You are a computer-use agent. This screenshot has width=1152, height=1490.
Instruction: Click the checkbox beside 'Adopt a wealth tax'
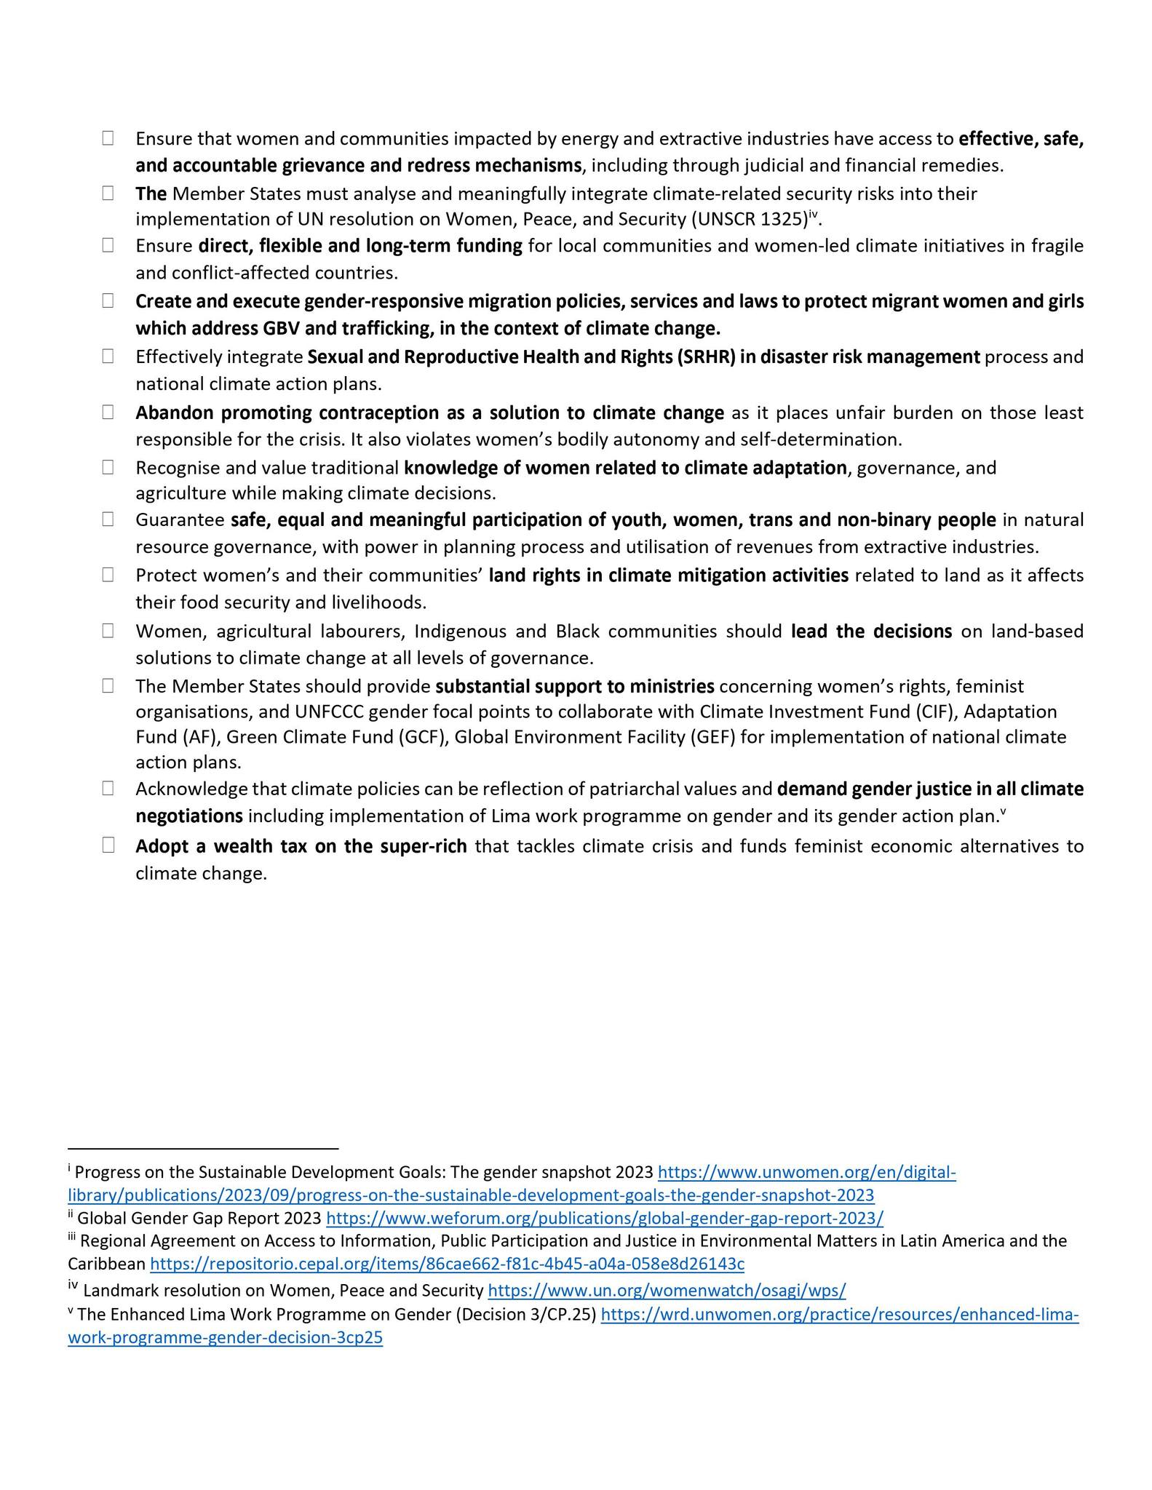108,845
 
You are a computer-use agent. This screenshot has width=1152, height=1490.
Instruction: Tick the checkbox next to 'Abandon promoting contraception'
108,413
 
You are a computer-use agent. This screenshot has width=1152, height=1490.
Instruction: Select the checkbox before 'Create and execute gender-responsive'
108,300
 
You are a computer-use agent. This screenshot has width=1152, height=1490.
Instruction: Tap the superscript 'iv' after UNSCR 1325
814,214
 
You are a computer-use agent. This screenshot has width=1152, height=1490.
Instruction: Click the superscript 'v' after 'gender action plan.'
1003,811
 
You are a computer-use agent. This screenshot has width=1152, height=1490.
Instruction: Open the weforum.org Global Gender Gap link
605,1218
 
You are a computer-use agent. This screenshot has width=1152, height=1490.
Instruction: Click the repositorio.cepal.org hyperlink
447,1264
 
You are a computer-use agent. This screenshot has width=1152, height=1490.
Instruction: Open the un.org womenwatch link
667,1291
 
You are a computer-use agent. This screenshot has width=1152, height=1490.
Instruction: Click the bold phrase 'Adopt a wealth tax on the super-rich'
301,846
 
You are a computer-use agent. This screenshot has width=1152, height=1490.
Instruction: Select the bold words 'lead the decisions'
871,632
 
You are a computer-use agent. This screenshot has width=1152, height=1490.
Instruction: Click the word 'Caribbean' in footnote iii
107,1264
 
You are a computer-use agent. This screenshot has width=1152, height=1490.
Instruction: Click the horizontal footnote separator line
203,1149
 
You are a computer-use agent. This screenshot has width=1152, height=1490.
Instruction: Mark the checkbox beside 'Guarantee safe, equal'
108,519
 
